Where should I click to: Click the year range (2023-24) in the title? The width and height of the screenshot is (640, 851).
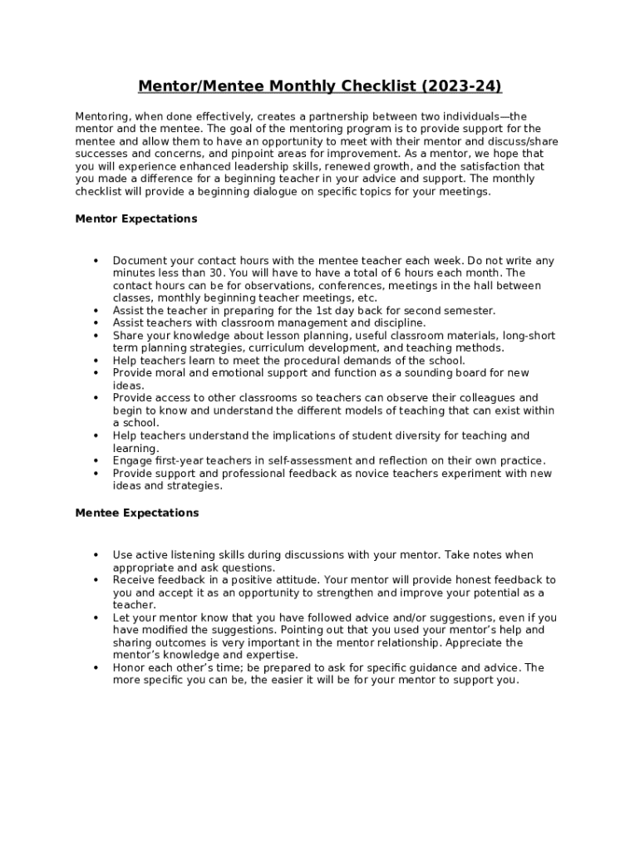[x=461, y=86]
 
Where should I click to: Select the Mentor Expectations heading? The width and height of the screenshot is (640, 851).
[x=136, y=219]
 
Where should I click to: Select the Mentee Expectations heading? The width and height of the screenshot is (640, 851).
[x=137, y=513]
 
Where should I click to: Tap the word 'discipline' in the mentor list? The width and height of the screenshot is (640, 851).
[x=398, y=323]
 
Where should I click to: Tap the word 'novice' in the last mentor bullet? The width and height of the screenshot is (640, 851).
[x=370, y=474]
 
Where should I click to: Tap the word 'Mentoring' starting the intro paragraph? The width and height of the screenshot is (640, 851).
[x=101, y=116]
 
